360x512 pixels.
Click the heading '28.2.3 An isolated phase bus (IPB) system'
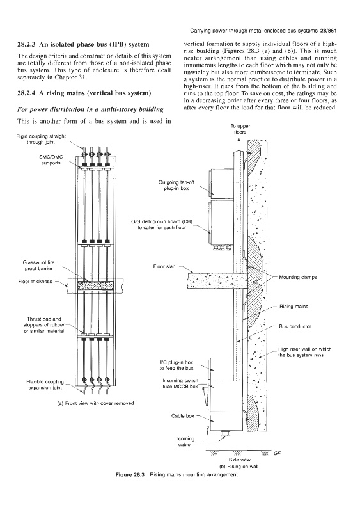(x=83, y=44)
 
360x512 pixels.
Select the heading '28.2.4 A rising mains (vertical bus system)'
(x=84, y=93)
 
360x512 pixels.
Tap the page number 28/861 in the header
(x=328, y=31)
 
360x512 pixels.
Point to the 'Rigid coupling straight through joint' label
(x=41, y=139)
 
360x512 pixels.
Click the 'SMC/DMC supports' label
(x=51, y=160)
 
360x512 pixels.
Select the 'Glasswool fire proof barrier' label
(x=38, y=266)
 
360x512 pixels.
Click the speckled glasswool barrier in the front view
(x=95, y=285)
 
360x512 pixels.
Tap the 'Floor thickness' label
(x=35, y=281)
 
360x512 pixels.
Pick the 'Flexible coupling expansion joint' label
(x=45, y=385)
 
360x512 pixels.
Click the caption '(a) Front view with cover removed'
(x=95, y=403)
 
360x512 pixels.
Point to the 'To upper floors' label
(x=240, y=129)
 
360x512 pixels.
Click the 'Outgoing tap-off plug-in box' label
(x=176, y=186)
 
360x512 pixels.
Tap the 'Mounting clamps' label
(x=298, y=277)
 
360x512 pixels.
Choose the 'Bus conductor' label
(x=295, y=326)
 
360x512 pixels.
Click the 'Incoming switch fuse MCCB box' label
(x=180, y=383)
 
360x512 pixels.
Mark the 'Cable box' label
(x=183, y=416)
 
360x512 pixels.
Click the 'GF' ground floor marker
(x=277, y=453)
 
